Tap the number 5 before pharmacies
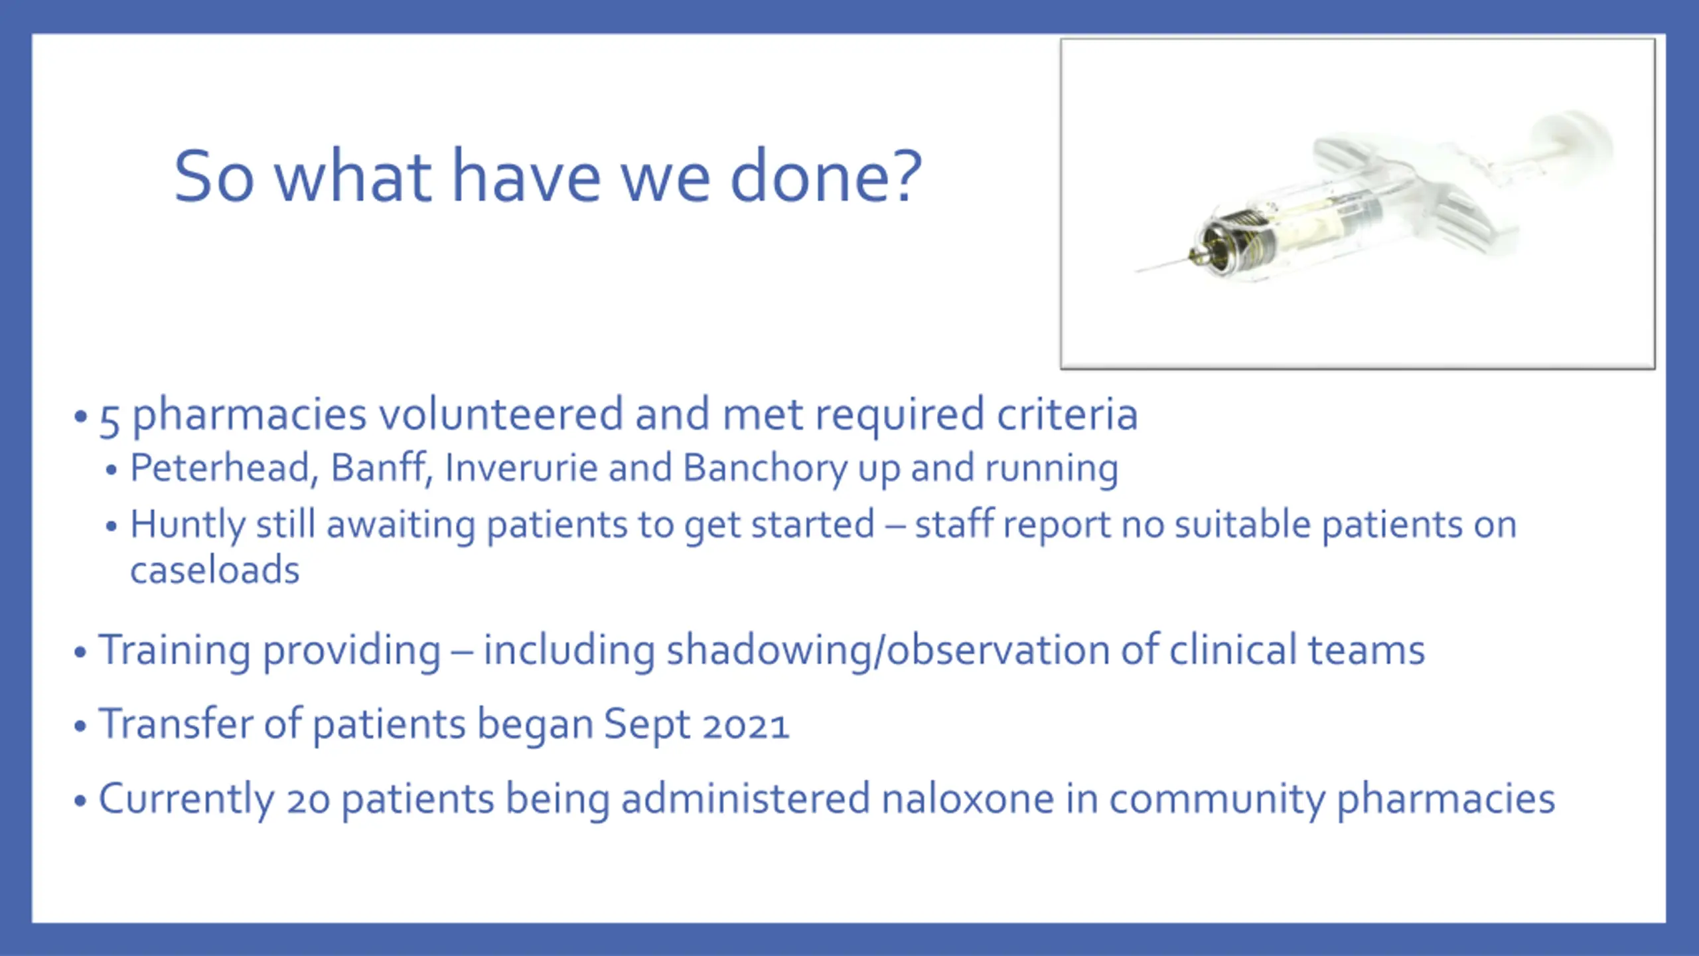tap(110, 420)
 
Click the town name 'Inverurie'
tap(522, 468)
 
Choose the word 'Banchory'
tap(765, 469)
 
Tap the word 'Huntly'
tap(188, 525)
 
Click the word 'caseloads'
tap(214, 570)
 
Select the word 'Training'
tap(175, 650)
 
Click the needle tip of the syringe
tap(1136, 272)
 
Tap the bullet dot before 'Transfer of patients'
tap(80, 726)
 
